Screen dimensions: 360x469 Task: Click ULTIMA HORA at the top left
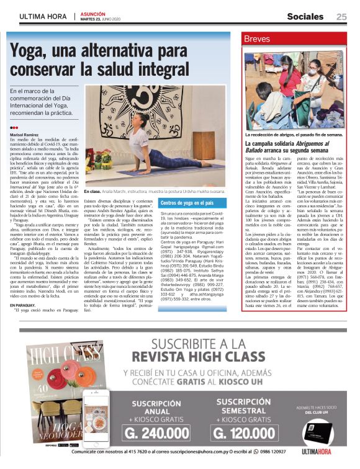point(42,17)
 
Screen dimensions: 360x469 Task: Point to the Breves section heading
point(257,39)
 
